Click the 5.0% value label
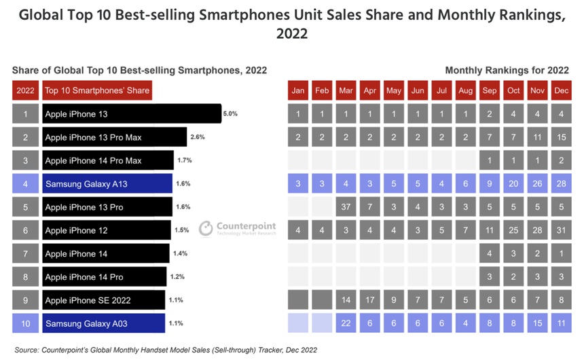click(x=230, y=114)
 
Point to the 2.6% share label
click(x=198, y=137)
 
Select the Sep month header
click(x=489, y=91)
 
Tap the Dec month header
click(x=562, y=91)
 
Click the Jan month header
click(x=297, y=91)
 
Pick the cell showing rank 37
click(x=346, y=206)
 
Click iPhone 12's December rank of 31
click(x=562, y=230)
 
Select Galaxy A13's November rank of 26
click(x=537, y=183)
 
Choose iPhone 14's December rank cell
click(x=562, y=253)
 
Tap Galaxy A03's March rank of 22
click(x=346, y=323)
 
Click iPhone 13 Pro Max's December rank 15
click(x=562, y=137)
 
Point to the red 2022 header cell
click(x=26, y=91)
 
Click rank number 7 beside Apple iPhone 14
click(x=26, y=253)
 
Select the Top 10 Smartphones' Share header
click(x=96, y=91)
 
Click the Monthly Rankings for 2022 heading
click(x=507, y=70)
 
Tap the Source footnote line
click(x=165, y=350)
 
